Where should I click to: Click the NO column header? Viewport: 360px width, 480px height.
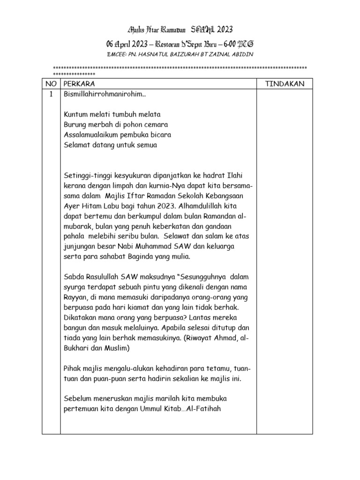(51, 84)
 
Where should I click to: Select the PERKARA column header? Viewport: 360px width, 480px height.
(79, 84)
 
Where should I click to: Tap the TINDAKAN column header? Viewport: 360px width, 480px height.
(285, 84)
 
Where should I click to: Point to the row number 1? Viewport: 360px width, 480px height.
(51, 94)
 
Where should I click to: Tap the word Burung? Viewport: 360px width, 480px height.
(75, 125)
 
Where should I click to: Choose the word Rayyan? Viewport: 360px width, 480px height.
(75, 297)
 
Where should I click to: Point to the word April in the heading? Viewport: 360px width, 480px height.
(127, 44)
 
